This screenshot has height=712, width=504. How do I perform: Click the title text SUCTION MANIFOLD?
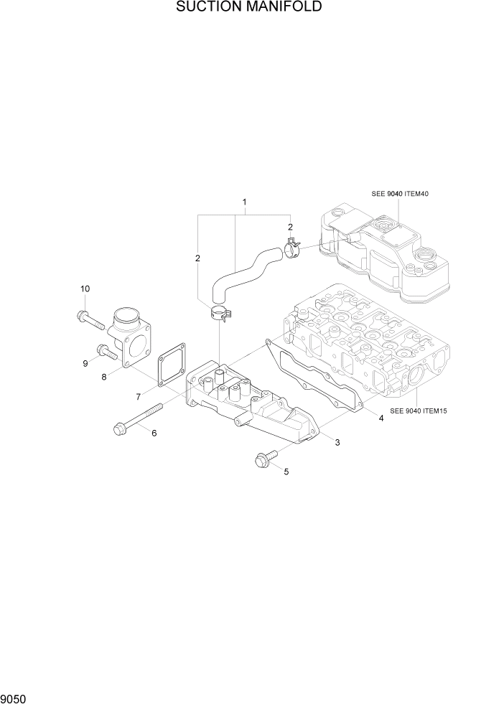coord(248,8)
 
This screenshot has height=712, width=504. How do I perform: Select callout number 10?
coord(85,289)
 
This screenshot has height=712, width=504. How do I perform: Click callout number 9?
coord(85,364)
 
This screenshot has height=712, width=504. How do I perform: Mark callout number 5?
coord(286,472)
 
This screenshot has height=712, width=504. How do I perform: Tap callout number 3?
coord(337,441)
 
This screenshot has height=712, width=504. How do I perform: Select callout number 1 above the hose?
coord(245,202)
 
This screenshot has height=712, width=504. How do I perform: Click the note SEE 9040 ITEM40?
coord(400,194)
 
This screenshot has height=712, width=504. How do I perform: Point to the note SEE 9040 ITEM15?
coord(419,411)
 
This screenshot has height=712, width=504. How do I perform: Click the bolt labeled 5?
coord(263,459)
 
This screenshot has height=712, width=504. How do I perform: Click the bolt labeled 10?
coord(91,319)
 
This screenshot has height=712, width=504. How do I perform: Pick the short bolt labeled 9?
coord(106,352)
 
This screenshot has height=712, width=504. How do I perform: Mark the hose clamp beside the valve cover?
coord(292,250)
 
